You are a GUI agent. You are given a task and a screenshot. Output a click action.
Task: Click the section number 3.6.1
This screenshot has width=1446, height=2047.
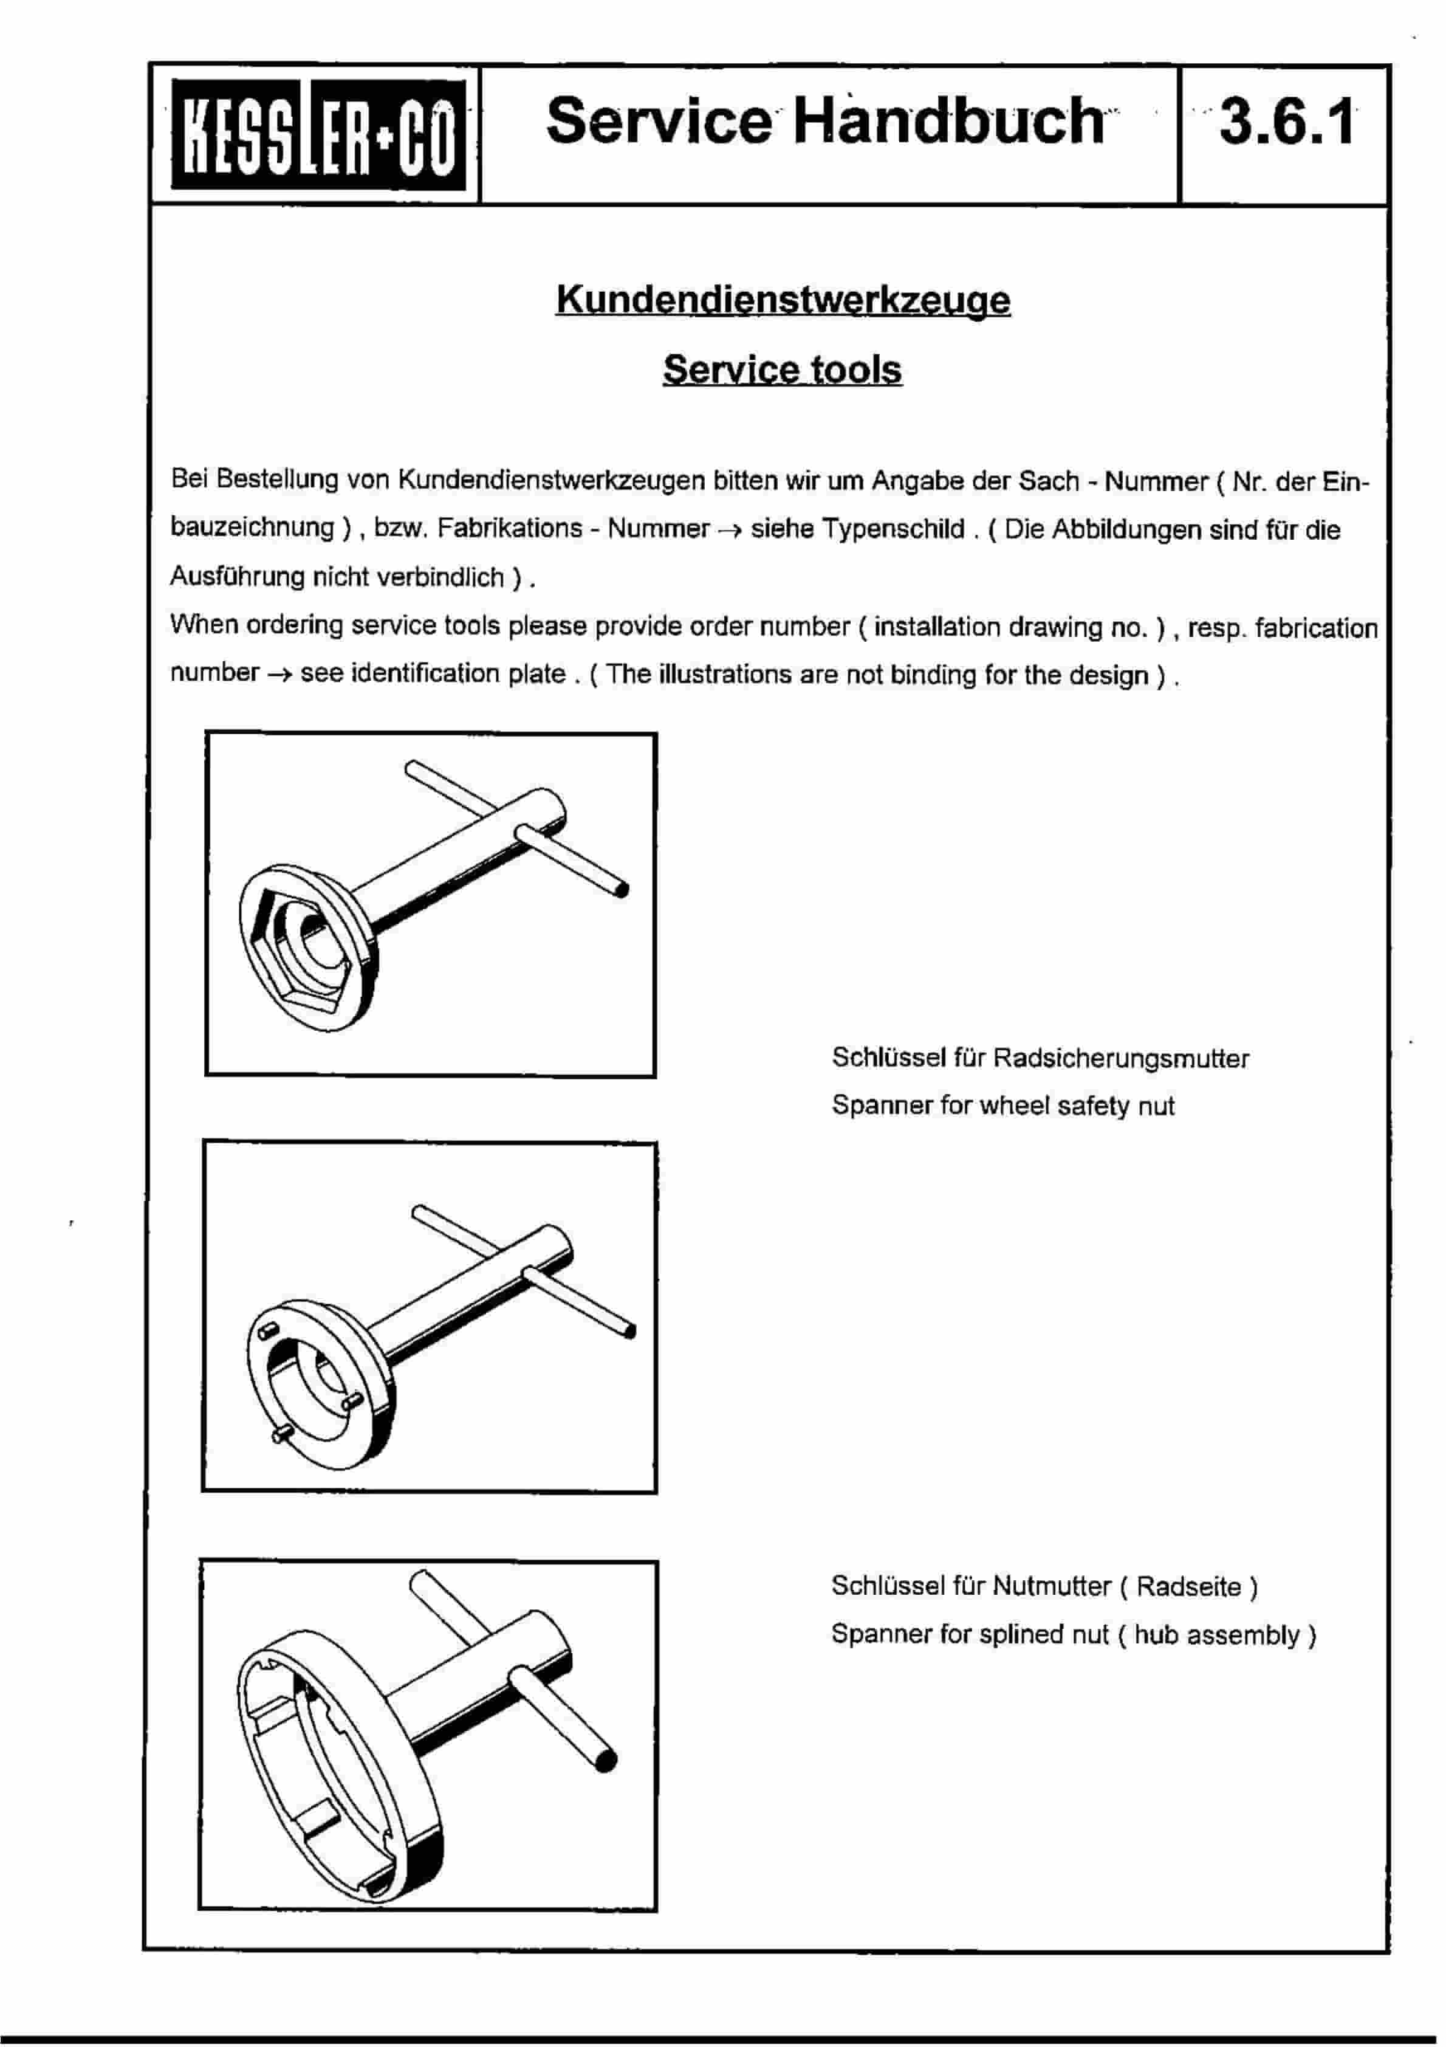[x=1286, y=122]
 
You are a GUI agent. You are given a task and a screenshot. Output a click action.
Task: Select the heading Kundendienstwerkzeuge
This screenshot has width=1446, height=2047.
[x=783, y=300]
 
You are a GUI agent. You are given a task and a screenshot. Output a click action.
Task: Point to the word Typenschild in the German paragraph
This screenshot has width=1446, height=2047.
[x=893, y=529]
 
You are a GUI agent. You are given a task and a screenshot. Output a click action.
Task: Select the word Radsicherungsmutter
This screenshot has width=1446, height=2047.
[x=1120, y=1059]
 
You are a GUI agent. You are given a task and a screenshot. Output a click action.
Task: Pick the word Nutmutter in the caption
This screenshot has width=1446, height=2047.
[x=1051, y=1587]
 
